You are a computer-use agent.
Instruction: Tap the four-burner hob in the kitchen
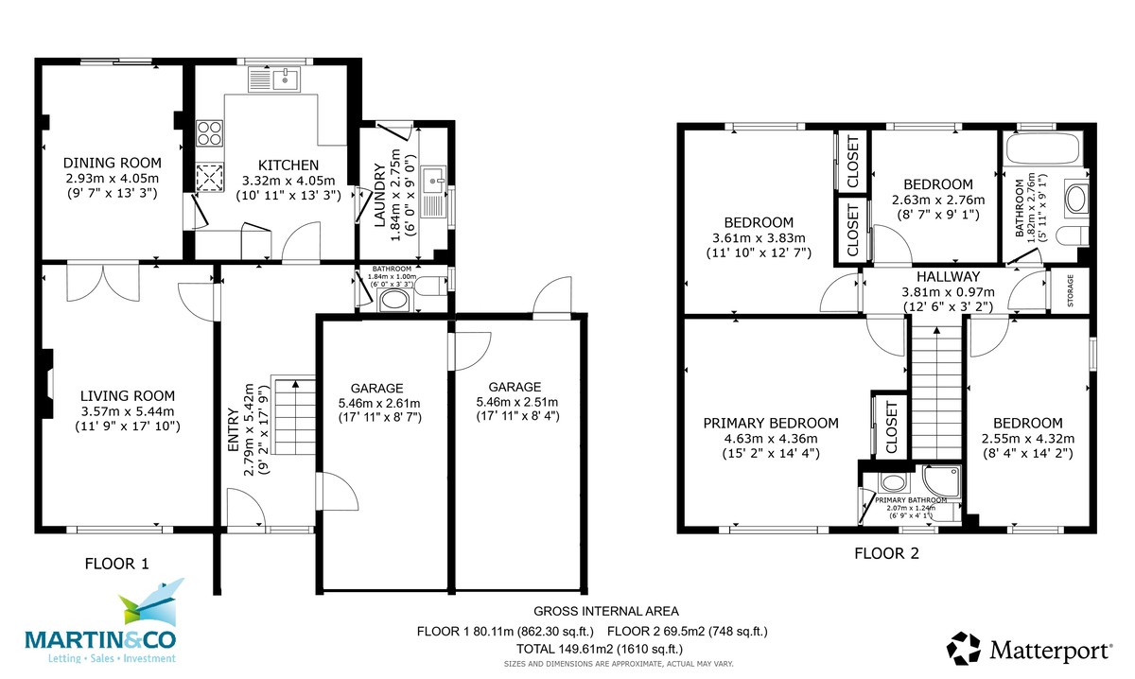(x=209, y=133)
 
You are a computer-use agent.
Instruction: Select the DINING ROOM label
(x=113, y=163)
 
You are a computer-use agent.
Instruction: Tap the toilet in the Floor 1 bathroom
(x=429, y=288)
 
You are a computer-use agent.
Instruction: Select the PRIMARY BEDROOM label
(x=770, y=423)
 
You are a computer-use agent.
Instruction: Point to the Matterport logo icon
(x=965, y=650)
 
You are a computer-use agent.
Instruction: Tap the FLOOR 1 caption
(x=117, y=564)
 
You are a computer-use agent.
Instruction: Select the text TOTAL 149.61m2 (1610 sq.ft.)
(x=600, y=649)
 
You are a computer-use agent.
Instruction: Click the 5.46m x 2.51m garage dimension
(x=515, y=402)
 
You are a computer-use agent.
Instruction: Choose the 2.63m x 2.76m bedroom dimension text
(x=937, y=200)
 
